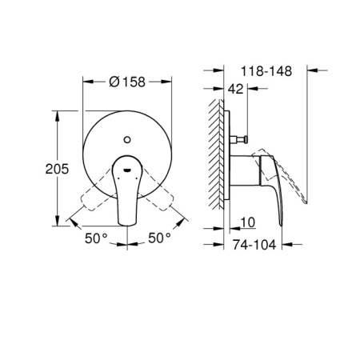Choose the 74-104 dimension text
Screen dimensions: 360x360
[x=255, y=245]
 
